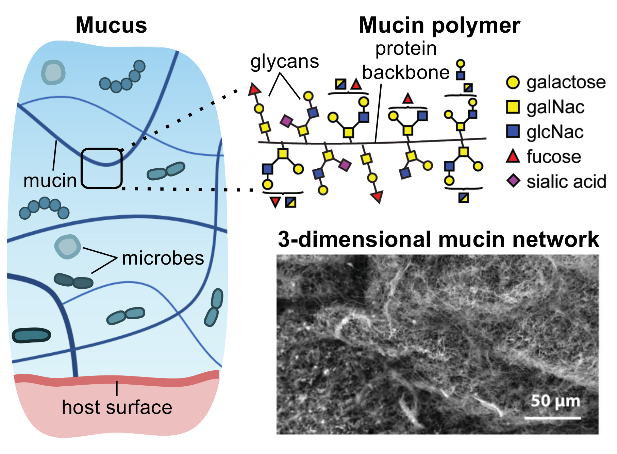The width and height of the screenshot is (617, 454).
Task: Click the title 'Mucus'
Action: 111,26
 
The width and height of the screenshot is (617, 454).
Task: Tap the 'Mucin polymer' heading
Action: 439,26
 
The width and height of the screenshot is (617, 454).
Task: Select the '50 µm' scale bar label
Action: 555,401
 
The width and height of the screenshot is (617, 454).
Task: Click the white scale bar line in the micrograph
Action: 552,417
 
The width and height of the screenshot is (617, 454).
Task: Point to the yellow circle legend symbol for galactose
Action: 513,82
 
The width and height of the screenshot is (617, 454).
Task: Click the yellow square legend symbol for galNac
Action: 513,107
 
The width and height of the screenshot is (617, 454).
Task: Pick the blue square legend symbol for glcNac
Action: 513,131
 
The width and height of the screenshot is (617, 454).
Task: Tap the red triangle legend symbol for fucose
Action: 513,156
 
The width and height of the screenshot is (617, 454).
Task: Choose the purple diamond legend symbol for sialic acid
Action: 513,181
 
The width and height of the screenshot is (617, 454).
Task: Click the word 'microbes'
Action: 163,258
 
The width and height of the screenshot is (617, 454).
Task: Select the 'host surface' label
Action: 117,407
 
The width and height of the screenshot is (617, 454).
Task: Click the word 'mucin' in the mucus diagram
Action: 50,181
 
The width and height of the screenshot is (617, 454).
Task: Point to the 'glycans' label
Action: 285,62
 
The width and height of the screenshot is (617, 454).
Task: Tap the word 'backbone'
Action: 406,72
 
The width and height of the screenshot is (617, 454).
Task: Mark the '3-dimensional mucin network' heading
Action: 438,239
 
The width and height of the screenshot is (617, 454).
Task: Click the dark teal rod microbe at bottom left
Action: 31,335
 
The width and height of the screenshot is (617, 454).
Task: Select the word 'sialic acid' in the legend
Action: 566,182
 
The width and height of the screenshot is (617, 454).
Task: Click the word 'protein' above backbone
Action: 406,49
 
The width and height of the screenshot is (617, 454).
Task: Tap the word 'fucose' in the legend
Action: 554,157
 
